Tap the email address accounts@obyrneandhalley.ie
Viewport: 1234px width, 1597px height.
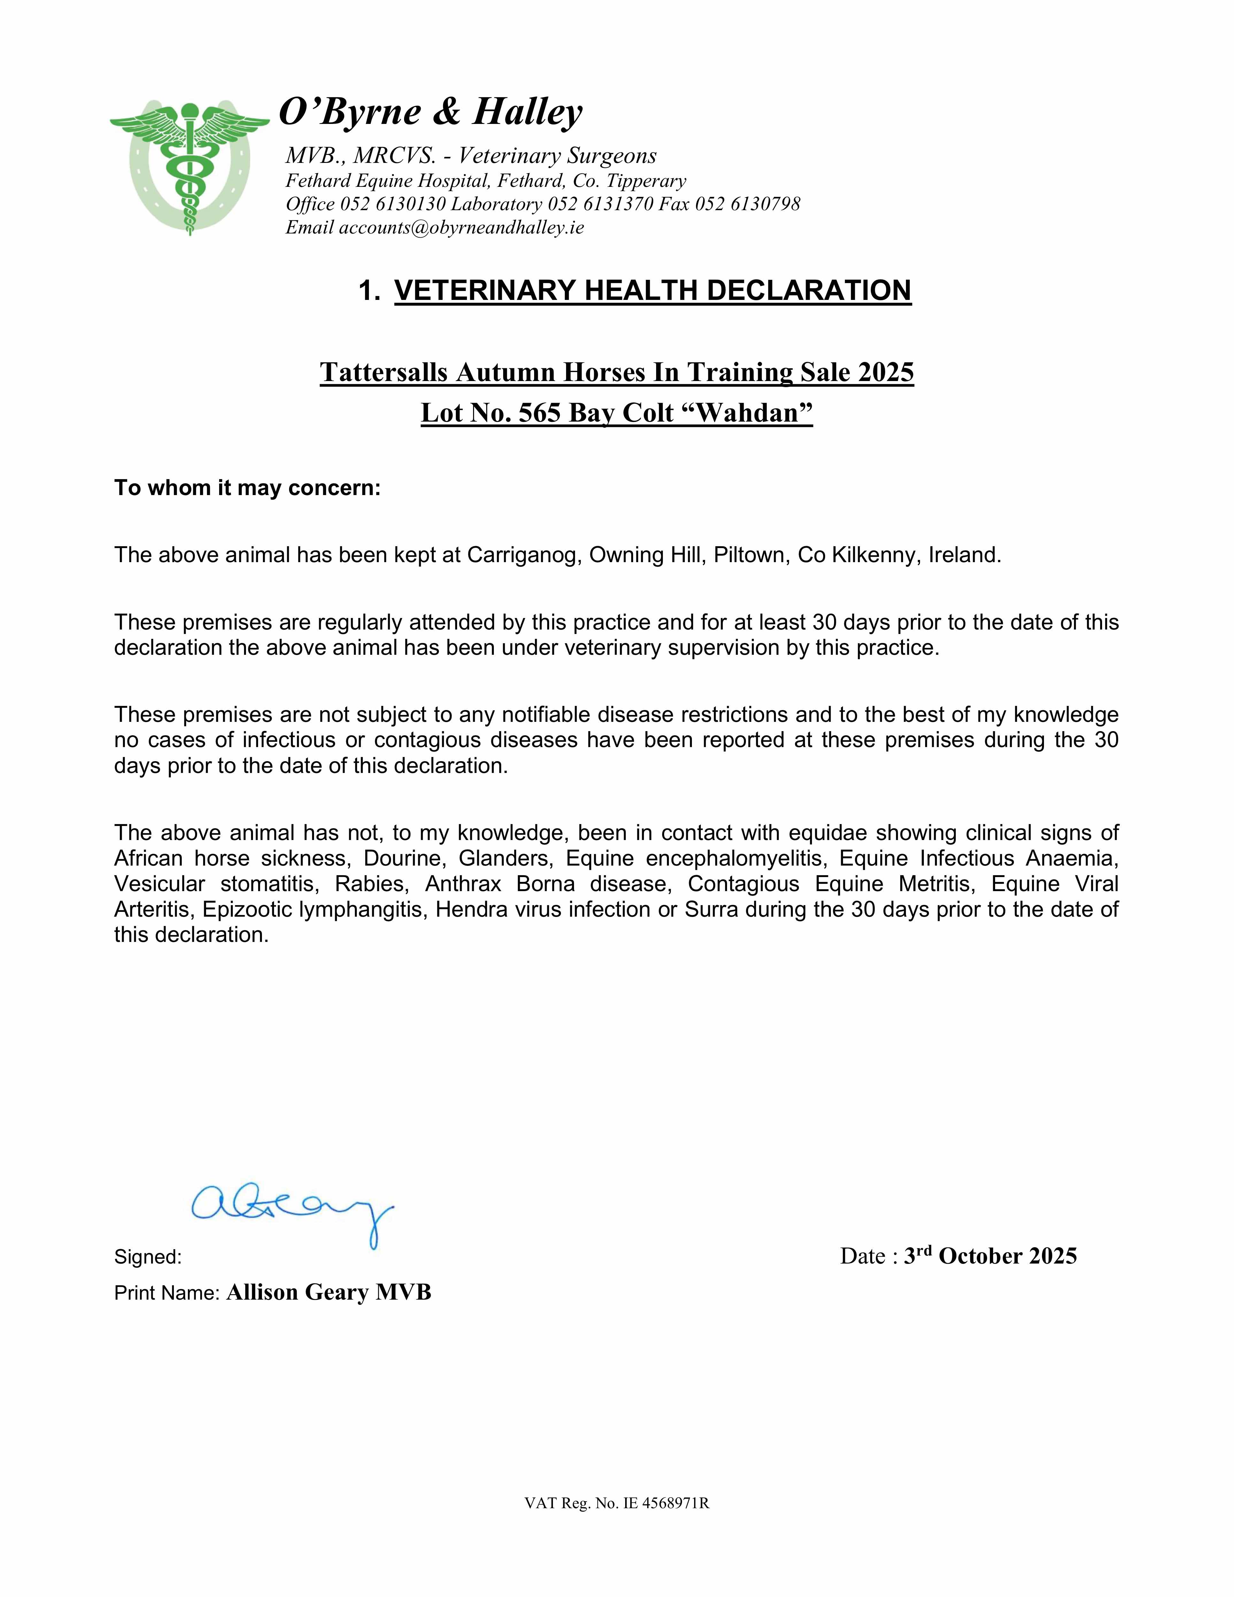tap(461, 227)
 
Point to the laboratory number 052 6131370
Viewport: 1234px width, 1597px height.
tap(600, 204)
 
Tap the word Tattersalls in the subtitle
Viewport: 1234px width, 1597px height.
tap(383, 372)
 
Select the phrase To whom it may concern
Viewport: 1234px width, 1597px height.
tap(247, 488)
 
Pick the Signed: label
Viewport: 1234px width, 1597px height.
tap(148, 1257)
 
